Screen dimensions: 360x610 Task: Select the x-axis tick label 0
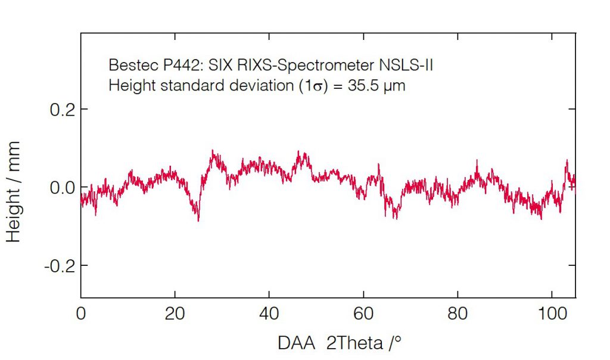click(81, 314)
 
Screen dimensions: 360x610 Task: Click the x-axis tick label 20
click(175, 314)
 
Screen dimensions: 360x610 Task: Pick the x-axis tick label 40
click(269, 314)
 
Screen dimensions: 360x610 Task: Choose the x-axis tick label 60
click(363, 314)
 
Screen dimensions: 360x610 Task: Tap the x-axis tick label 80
click(457, 314)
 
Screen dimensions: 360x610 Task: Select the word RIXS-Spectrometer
click(305, 66)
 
